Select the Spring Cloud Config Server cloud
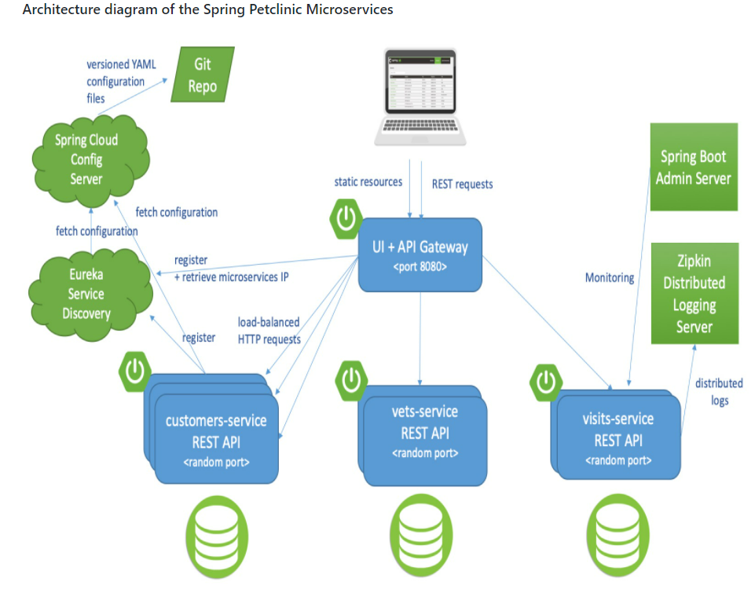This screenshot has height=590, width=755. pos(86,159)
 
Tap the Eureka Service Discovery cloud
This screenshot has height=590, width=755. pos(86,294)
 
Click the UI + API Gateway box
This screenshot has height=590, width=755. pos(420,255)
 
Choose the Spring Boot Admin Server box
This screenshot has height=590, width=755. pos(694,167)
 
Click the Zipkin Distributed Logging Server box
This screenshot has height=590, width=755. pos(695,293)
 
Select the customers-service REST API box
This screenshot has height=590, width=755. pos(216,440)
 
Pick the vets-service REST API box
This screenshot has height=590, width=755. pos(424,431)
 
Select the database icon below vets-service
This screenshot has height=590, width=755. pos(421,530)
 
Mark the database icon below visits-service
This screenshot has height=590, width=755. pos(618,530)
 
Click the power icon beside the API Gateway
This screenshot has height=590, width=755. pos(346,218)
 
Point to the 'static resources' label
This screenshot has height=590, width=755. pos(368,182)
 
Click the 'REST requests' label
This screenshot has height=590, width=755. pos(462,184)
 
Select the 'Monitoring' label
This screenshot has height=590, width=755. pos(609,277)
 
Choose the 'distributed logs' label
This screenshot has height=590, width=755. pos(718,391)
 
